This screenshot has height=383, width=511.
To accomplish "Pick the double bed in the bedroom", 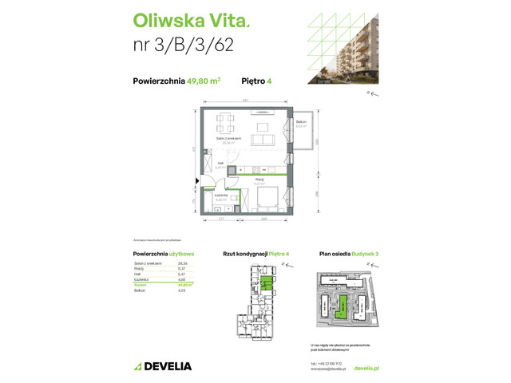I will pos(268,198).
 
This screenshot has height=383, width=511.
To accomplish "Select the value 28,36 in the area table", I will pos(181,263).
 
